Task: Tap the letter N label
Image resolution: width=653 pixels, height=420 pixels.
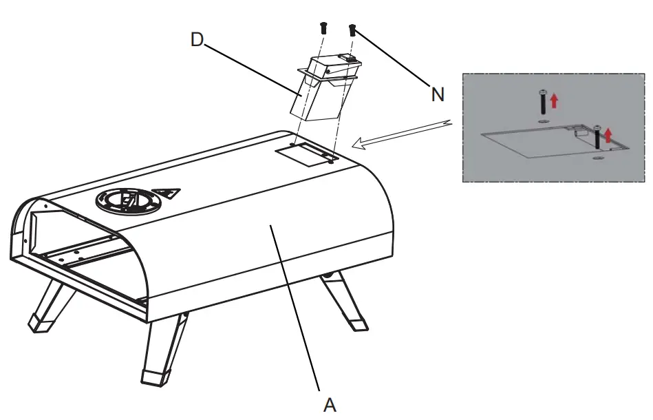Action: [x=438, y=95]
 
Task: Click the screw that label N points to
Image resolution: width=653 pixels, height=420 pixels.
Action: [x=352, y=29]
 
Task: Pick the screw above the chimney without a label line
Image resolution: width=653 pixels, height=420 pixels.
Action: [x=322, y=28]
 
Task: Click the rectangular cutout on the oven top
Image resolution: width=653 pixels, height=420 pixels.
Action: [x=303, y=157]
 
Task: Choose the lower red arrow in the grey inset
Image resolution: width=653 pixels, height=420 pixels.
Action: [x=607, y=135]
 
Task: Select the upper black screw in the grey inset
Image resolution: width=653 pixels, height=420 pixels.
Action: [x=543, y=101]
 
